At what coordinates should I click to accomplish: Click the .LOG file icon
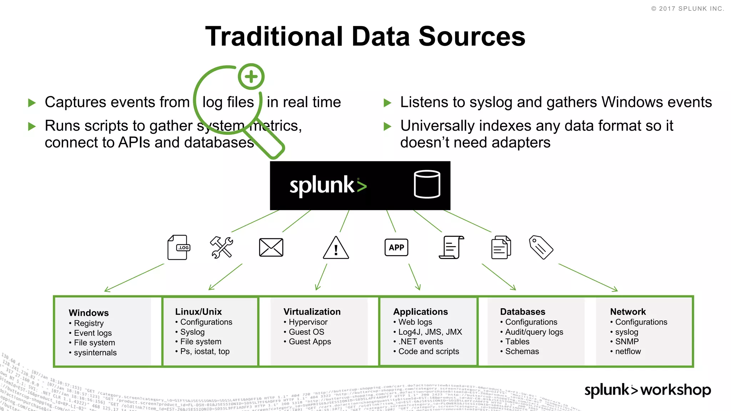tap(178, 247)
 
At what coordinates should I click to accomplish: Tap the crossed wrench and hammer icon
tap(221, 247)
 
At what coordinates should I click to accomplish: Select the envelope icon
tap(271, 247)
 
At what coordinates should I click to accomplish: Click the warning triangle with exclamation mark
tap(336, 248)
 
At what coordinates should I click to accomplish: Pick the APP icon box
tap(396, 247)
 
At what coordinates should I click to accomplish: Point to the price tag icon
tap(541, 247)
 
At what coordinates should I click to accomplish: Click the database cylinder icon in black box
tap(427, 184)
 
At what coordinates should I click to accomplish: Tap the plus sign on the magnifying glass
tap(251, 76)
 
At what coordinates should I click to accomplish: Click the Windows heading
tap(89, 313)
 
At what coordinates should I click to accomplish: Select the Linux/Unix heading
tap(198, 311)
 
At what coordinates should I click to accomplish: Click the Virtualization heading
tap(312, 311)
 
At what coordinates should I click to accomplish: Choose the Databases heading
tap(523, 311)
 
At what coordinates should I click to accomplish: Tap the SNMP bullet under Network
tap(626, 341)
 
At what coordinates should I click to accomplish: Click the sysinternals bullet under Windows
tap(95, 352)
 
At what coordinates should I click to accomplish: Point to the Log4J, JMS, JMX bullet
tap(430, 332)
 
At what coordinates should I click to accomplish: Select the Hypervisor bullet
tap(308, 322)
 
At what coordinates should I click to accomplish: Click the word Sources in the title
tap(472, 36)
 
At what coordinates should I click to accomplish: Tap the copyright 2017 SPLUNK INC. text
tap(687, 9)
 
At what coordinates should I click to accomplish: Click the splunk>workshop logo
tap(647, 390)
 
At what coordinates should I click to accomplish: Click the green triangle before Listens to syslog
tap(387, 103)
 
